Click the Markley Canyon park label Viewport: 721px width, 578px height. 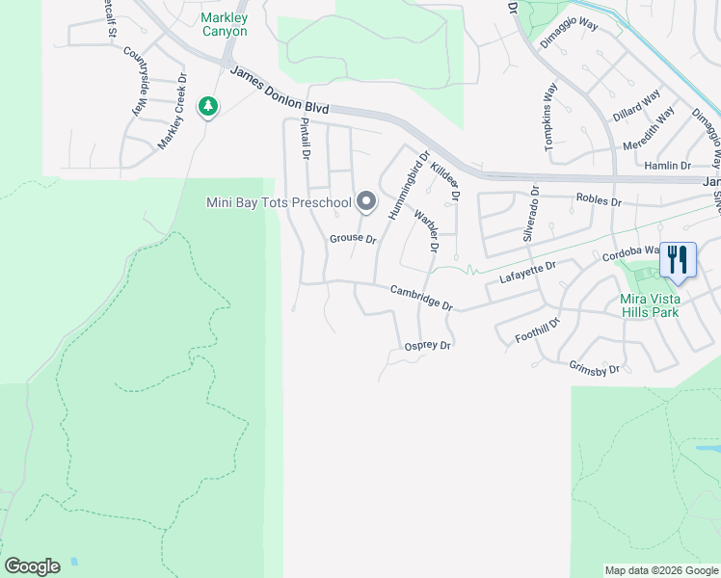click(225, 24)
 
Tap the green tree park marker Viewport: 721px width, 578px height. click(207, 106)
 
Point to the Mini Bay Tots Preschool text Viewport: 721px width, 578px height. click(279, 202)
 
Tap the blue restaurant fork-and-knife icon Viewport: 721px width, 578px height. click(677, 259)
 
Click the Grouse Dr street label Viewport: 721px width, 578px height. click(353, 237)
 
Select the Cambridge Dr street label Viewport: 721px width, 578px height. click(421, 297)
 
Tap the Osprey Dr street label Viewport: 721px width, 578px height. click(428, 345)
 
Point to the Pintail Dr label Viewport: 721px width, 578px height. click(305, 139)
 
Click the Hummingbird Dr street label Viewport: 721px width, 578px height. click(409, 185)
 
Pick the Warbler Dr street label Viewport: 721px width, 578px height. click(426, 232)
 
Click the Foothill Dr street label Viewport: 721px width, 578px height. click(538, 329)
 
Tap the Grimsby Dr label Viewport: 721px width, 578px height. click(594, 368)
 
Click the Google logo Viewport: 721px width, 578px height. click(32, 565)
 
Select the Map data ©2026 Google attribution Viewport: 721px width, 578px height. click(661, 570)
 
